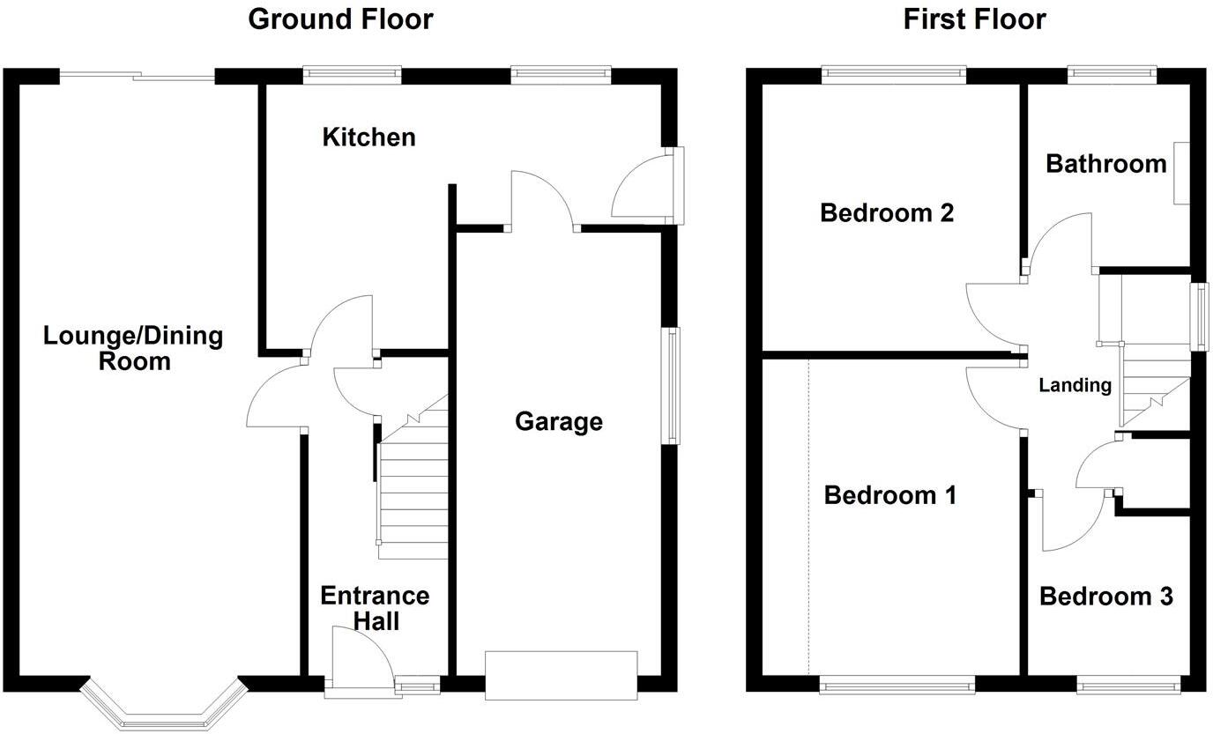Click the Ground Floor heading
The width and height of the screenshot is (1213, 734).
(340, 19)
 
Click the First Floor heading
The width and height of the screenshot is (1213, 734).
(974, 19)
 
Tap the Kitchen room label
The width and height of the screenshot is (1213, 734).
(368, 137)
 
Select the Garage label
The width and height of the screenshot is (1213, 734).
(559, 422)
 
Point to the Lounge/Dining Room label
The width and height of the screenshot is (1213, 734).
(133, 348)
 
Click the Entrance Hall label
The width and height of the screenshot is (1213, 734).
(375, 608)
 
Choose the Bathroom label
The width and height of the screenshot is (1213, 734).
(1105, 164)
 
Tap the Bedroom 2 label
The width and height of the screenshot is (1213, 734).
(887, 212)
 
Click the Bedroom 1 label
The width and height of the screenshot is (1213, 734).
(890, 495)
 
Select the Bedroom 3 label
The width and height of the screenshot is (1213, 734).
(1106, 597)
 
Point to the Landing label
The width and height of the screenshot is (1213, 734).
(1075, 385)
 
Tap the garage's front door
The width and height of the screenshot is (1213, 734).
(561, 675)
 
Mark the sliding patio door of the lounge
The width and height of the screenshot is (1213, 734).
(137, 78)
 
